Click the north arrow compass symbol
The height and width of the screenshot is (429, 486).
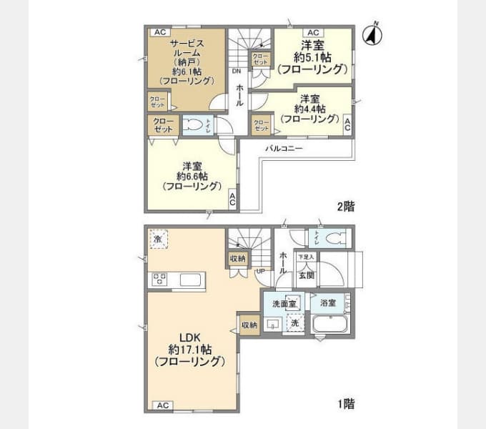tap(372, 34)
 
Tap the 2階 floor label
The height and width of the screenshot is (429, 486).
tap(346, 207)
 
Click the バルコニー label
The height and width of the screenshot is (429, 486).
tap(284, 149)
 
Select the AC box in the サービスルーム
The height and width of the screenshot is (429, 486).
tap(159, 32)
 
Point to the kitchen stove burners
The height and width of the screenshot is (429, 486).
tap(159, 278)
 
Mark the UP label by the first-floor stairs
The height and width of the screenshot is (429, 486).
tap(260, 271)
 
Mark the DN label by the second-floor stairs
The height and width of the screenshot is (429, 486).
tap(235, 71)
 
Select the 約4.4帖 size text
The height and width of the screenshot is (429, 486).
tap(309, 109)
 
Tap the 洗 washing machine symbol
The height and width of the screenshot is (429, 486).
tap(293, 322)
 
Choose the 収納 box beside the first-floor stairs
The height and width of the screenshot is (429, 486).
tap(238, 258)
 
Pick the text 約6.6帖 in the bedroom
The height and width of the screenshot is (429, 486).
tap(192, 176)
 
